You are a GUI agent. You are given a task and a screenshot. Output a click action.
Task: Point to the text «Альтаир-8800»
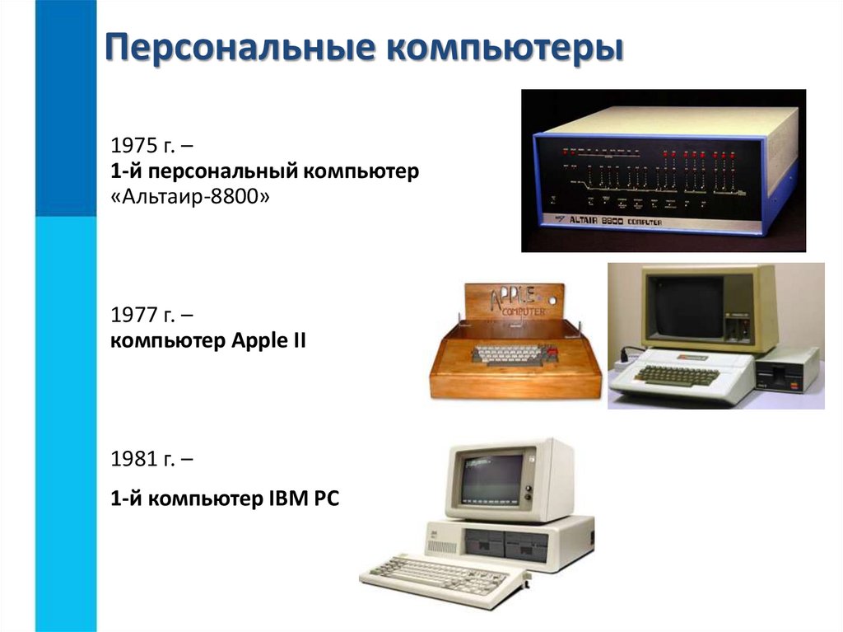189,198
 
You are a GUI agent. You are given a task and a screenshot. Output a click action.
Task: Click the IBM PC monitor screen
492,480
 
